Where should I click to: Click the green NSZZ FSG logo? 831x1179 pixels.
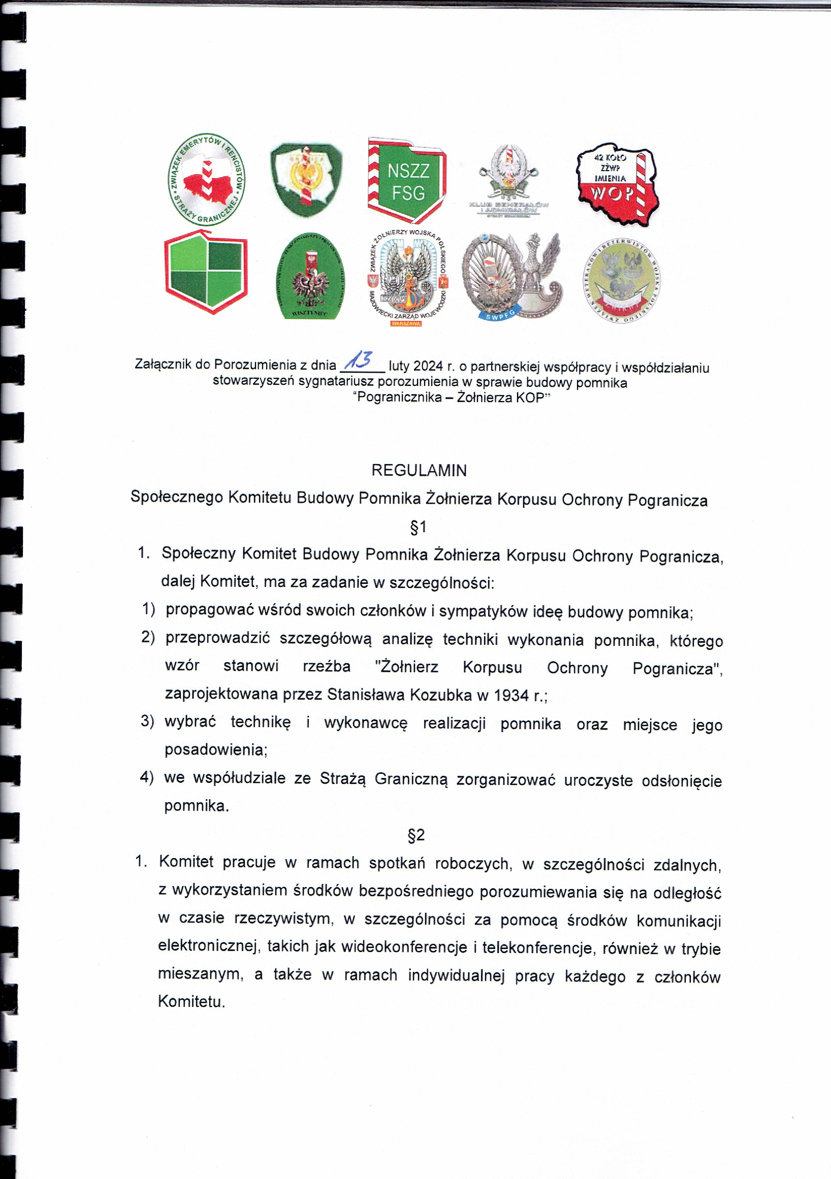coord(407,181)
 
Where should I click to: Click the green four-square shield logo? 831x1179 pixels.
coord(206,272)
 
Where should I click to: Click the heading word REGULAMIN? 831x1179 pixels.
coord(419,470)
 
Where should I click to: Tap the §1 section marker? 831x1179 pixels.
coord(418,528)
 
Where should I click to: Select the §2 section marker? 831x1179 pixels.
coord(416,835)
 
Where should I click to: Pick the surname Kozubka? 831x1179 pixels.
coord(442,695)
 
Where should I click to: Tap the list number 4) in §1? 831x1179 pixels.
coord(147,777)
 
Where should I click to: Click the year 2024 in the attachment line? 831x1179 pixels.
coord(428,366)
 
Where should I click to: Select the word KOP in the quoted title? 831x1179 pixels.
coord(529,398)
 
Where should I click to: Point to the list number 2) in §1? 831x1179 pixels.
coord(148,637)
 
